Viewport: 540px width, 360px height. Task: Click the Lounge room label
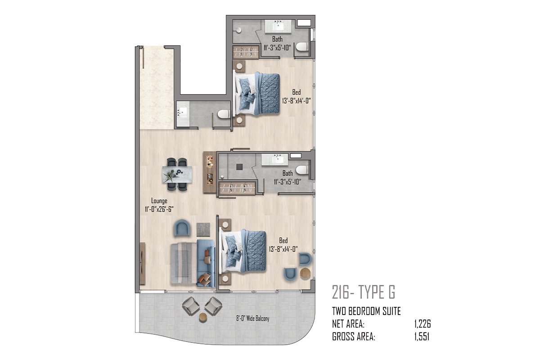(159, 201)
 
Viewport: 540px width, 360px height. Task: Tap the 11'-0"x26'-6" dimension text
(159, 209)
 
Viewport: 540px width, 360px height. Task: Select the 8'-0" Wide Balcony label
(252, 319)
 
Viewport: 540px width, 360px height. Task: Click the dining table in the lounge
(177, 174)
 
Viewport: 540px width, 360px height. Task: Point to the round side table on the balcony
(203, 317)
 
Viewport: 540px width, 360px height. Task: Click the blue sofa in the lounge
(206, 263)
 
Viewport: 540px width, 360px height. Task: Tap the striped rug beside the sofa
(184, 263)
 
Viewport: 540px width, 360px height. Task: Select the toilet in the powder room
(224, 114)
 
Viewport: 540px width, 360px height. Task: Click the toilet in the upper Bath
(301, 46)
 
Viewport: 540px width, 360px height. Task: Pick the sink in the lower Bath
(275, 160)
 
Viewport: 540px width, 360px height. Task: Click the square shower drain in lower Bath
(239, 167)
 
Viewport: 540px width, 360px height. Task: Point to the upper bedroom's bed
(257, 93)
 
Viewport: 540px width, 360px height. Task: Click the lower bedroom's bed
(243, 251)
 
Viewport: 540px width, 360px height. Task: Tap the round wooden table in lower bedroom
(305, 273)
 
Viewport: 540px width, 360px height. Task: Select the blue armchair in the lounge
(182, 228)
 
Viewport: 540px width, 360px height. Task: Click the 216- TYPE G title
(364, 292)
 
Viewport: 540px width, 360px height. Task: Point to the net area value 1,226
(423, 324)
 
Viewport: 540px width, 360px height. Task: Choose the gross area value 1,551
(422, 337)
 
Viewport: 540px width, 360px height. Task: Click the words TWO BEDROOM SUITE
(366, 311)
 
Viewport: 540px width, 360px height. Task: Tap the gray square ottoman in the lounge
(203, 230)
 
